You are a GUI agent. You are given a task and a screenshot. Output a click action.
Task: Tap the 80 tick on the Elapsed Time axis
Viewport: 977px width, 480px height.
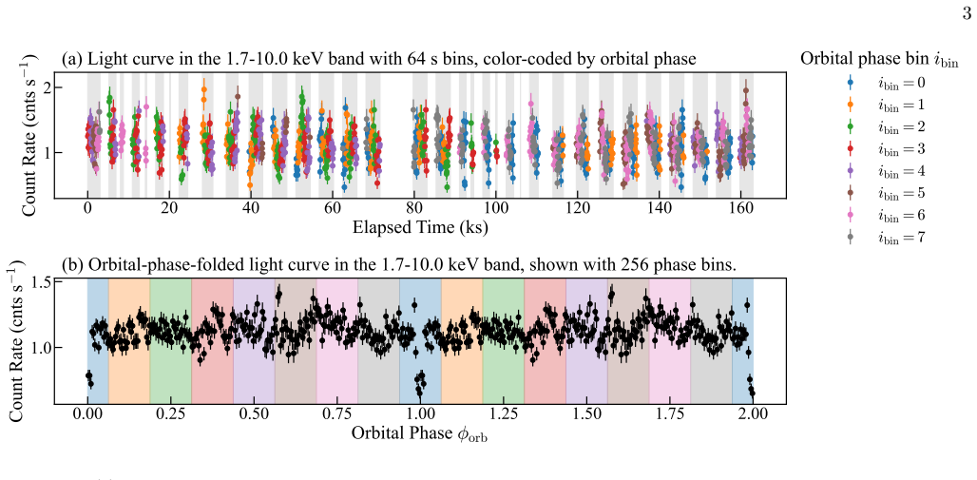point(413,211)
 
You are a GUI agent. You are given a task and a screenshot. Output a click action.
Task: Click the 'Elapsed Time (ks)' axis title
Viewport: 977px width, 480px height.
point(420,228)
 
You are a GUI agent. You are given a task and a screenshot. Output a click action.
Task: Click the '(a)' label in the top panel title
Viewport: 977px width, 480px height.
point(72,59)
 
